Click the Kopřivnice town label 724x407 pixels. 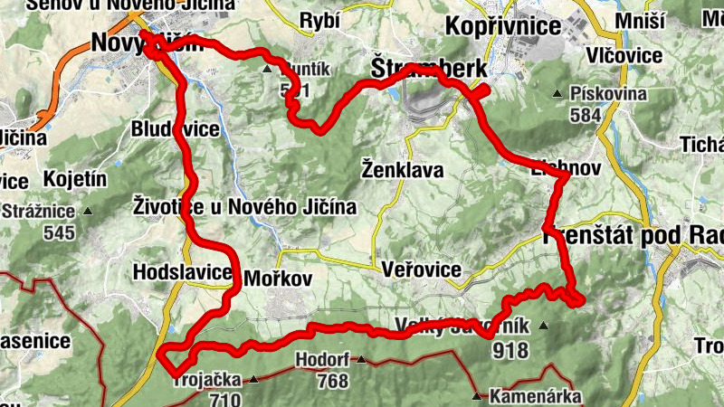503,26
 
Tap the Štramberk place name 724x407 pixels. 429,69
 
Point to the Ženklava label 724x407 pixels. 402,169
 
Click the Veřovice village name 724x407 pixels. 423,270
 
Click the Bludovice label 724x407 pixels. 175,129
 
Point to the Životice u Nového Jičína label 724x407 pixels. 244,207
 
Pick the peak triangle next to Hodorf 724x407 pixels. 362,360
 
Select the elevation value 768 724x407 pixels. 333,381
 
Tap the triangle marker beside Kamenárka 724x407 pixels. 478,395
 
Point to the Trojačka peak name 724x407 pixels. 207,381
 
